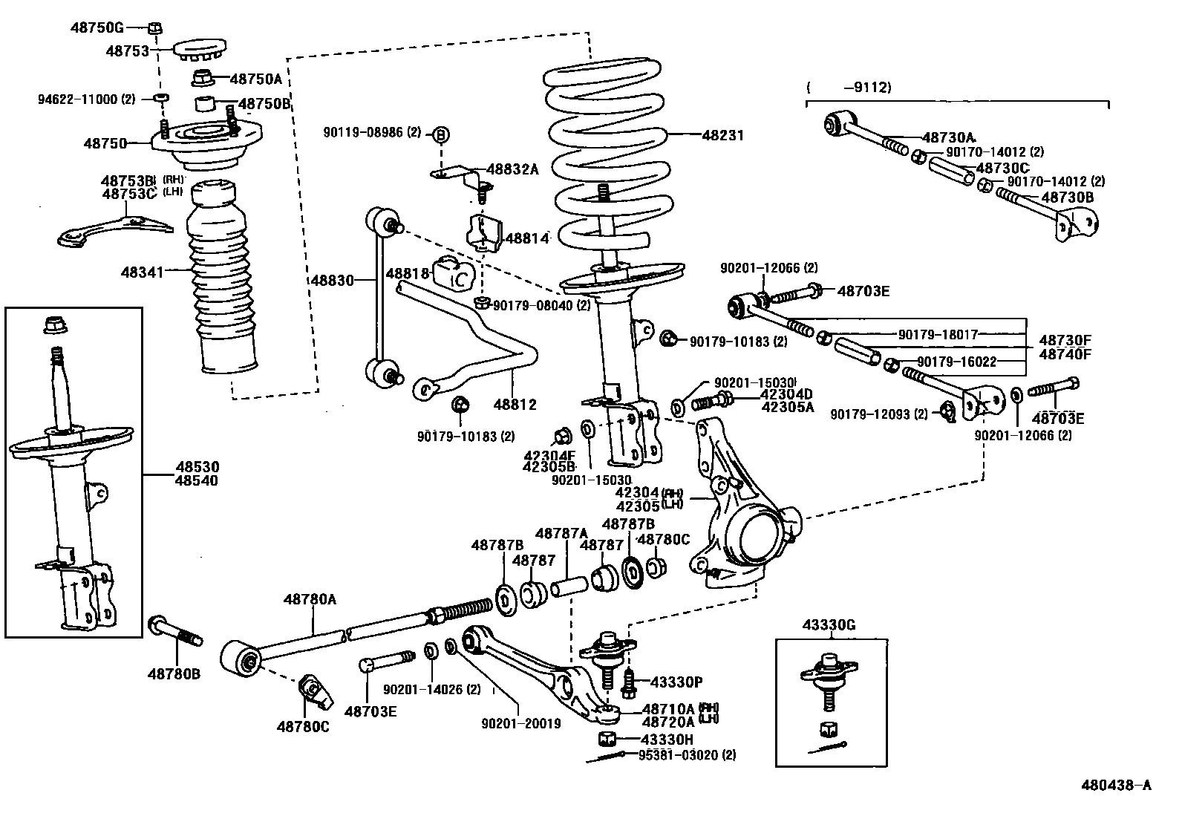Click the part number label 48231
[723, 136]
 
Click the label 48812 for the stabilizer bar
[515, 405]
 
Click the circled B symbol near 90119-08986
[441, 134]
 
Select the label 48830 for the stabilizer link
[331, 280]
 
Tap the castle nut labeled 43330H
[607, 739]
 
